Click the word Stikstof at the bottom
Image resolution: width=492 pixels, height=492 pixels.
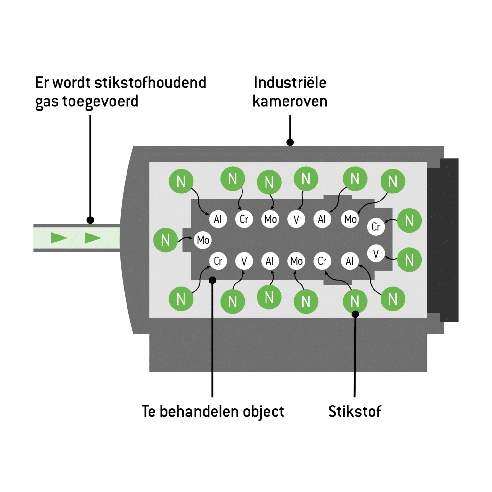coord(355,412)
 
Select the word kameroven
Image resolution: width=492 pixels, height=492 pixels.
coord(290,102)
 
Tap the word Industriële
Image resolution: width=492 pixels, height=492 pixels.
coord(290,83)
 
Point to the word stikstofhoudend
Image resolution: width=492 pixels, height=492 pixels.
coord(150,83)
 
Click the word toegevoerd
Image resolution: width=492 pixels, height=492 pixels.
coord(100,102)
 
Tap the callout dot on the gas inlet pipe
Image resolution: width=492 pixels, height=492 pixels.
coord(90,220)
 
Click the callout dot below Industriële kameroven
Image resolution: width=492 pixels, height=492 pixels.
coord(290,142)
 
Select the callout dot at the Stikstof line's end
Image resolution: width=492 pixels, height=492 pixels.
coord(355,315)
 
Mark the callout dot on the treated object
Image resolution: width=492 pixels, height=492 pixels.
coord(212,280)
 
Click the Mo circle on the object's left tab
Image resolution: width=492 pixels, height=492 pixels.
coord(203,240)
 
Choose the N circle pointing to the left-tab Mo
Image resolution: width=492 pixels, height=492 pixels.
coord(166,240)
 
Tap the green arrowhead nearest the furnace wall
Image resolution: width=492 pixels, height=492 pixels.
coord(93,238)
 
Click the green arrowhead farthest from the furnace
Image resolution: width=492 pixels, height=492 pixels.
coord(59,238)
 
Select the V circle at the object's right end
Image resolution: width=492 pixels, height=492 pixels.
coord(376,253)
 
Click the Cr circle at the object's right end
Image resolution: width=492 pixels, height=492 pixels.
coord(376,227)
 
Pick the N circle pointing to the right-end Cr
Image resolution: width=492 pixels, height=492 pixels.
coord(409,220)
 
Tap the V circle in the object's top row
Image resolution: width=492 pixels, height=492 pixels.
coord(296,219)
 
